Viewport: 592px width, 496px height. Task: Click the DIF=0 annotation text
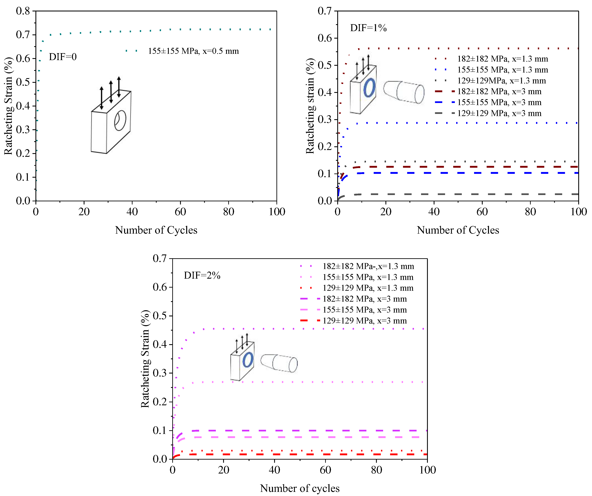(x=63, y=57)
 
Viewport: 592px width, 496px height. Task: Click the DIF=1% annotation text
(x=368, y=28)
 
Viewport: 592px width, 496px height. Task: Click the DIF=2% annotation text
(x=202, y=275)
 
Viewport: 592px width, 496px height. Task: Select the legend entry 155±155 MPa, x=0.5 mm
(x=193, y=51)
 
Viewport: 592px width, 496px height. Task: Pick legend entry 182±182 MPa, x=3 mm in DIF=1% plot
(x=499, y=91)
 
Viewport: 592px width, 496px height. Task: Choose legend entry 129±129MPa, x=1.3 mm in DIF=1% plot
(x=501, y=81)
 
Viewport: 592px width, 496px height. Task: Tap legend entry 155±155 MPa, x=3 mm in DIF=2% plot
(x=365, y=310)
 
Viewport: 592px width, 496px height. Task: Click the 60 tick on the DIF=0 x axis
(x=180, y=212)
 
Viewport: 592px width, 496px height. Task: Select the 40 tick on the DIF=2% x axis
(x=274, y=470)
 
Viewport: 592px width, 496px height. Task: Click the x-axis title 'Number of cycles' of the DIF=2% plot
(x=300, y=488)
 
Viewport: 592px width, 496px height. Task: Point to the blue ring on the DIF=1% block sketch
(x=369, y=88)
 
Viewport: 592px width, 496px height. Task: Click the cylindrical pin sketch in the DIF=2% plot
(x=279, y=363)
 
